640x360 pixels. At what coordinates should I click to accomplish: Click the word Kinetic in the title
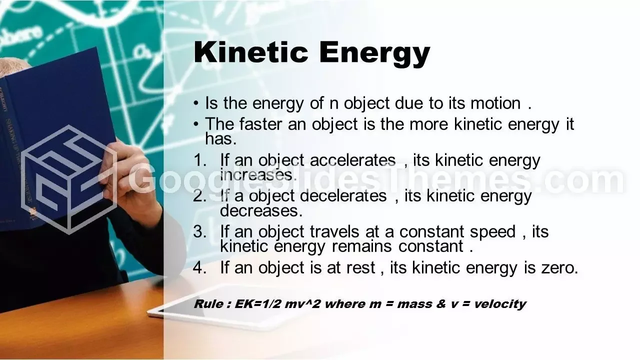[x=251, y=52]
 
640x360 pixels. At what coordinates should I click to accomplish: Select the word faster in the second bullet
[x=260, y=124]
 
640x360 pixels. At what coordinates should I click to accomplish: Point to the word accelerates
[x=352, y=160]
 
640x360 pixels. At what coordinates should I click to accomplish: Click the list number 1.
[x=199, y=160]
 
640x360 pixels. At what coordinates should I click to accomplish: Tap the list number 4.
[x=199, y=268]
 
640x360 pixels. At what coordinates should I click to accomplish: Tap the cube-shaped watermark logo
[x=68, y=180]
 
